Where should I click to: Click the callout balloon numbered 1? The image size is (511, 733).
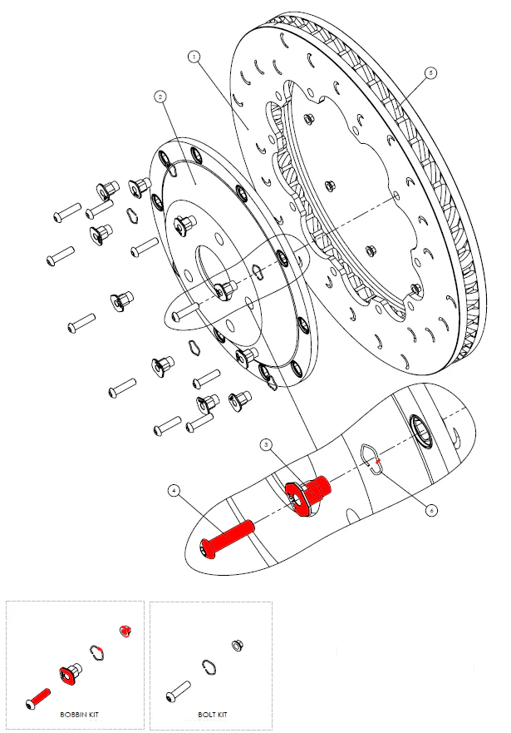click(x=193, y=57)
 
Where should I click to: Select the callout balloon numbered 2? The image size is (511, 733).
click(x=160, y=97)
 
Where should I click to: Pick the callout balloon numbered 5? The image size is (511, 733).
click(x=430, y=73)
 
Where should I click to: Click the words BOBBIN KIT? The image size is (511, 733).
click(x=80, y=714)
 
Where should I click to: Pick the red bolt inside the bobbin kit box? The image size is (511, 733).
click(x=39, y=697)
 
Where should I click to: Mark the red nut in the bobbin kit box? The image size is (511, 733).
click(x=126, y=630)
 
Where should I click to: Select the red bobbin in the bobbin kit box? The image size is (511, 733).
click(x=69, y=671)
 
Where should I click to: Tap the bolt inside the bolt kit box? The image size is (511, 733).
click(x=179, y=690)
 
